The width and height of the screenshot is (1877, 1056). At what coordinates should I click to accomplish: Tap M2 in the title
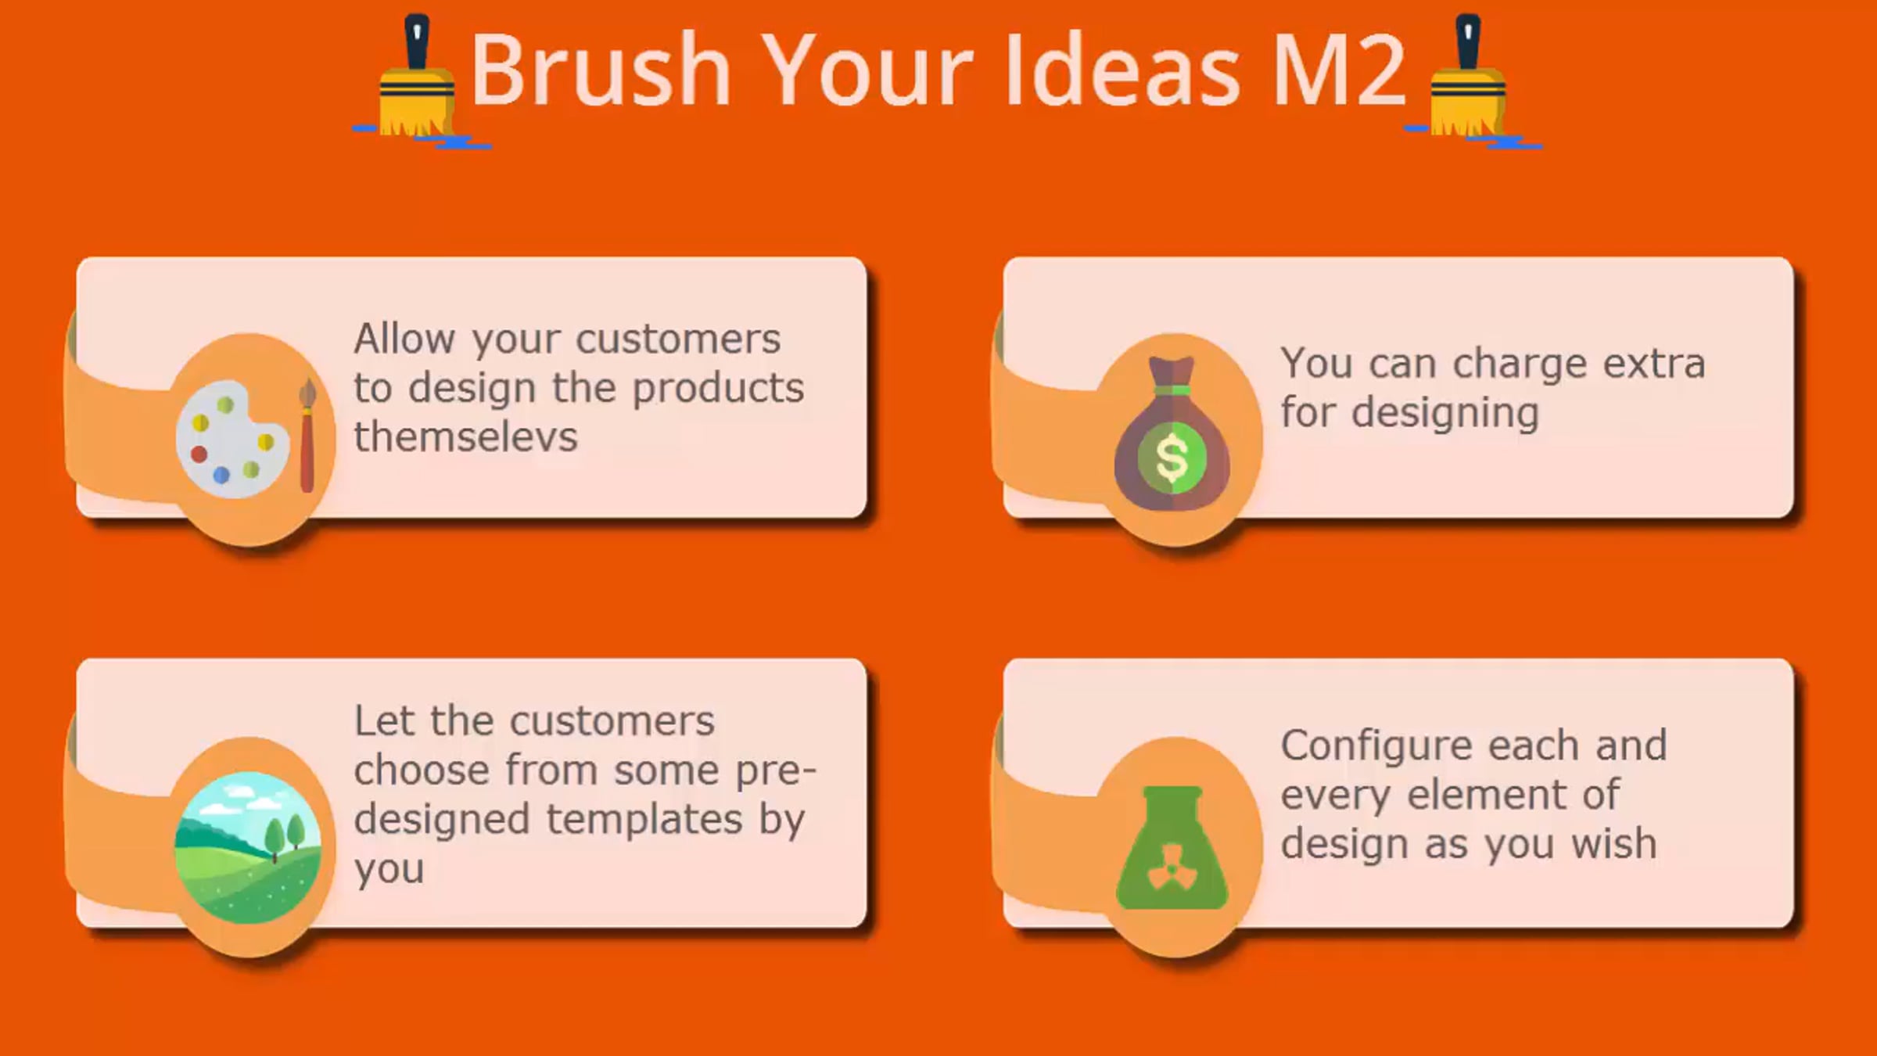coord(1340,70)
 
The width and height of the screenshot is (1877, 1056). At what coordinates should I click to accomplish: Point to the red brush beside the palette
coord(307,436)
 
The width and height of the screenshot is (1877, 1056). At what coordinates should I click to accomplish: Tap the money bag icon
coord(1172,433)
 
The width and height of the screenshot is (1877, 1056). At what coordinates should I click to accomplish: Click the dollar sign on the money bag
coord(1172,458)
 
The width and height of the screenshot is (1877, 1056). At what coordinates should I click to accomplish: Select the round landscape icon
coord(248,847)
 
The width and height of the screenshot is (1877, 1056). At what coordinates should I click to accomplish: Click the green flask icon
coord(1172,848)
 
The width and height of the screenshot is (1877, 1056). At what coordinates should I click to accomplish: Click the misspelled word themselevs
coord(465,436)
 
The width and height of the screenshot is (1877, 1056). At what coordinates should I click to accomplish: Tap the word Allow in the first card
coord(404,339)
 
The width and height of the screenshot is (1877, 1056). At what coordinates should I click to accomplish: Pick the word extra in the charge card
coord(1654,364)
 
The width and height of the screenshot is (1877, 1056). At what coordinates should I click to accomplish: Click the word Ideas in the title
coord(1123,70)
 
